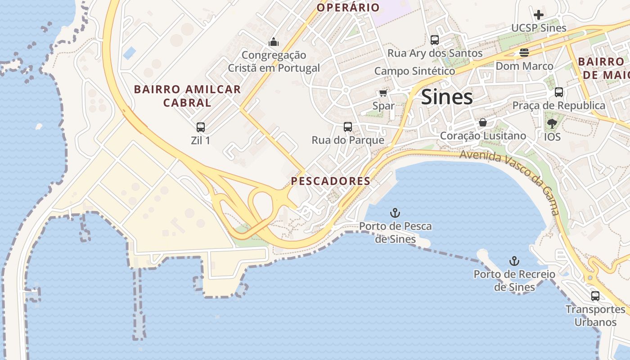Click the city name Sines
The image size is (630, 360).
(x=447, y=97)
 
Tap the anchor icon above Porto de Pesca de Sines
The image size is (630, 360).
(x=395, y=212)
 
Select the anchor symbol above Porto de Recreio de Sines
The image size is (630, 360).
(x=514, y=261)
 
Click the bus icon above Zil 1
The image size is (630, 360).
(x=201, y=127)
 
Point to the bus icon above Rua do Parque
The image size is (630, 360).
(x=348, y=127)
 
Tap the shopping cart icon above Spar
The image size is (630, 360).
(x=383, y=93)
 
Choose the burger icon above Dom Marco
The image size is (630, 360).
(x=524, y=53)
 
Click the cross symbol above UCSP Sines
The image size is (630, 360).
(x=538, y=14)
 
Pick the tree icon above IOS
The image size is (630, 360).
(x=552, y=123)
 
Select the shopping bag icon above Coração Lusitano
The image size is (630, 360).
(x=483, y=122)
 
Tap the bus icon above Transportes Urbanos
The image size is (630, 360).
(x=595, y=296)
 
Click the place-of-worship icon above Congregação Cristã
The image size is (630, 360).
(x=274, y=42)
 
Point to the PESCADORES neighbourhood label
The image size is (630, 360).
(x=330, y=181)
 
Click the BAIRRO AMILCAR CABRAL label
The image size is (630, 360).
(x=187, y=96)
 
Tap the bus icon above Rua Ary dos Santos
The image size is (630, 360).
(x=434, y=40)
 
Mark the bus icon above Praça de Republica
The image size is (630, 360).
(x=559, y=92)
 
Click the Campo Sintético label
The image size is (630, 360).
(x=414, y=71)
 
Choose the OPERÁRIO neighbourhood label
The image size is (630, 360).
(x=348, y=7)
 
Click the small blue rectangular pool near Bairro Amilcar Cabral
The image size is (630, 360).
(x=130, y=53)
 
